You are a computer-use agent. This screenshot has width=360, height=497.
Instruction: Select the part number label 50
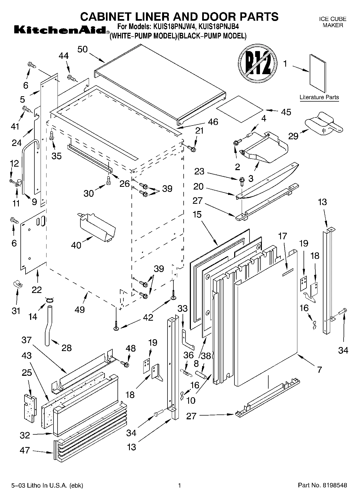[83, 49]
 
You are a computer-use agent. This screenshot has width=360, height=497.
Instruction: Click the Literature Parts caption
[319, 97]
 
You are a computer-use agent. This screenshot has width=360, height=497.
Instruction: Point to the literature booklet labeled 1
[318, 73]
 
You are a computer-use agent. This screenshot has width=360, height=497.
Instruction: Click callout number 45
[286, 112]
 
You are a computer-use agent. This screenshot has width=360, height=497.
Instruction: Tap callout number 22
[37, 289]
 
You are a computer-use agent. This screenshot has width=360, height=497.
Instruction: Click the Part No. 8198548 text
[322, 485]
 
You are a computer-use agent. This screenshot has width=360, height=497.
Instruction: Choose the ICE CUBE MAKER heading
[333, 22]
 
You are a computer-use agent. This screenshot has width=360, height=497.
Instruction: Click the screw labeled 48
[125, 364]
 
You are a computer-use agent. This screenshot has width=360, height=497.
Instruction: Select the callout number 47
[25, 450]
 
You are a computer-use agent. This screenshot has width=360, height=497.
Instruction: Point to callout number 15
[197, 214]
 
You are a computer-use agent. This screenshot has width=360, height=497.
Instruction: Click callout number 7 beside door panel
[319, 370]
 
